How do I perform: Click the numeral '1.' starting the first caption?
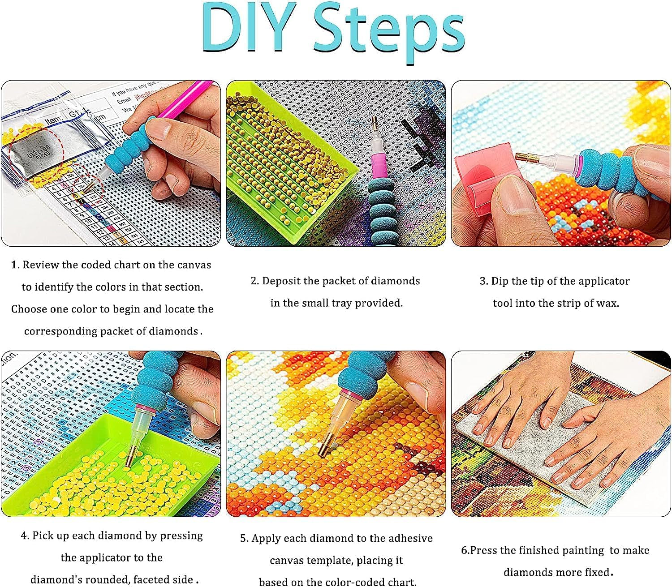(16, 265)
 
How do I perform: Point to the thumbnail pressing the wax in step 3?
(511, 197)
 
